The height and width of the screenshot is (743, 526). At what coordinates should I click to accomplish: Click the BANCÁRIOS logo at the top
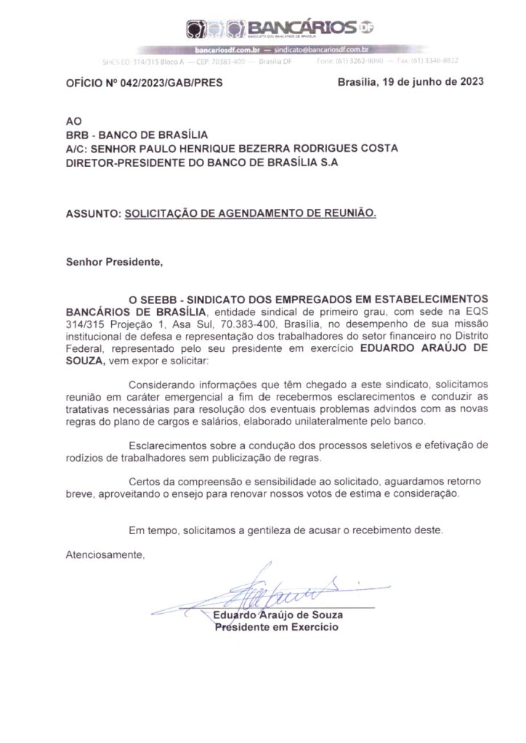point(283,29)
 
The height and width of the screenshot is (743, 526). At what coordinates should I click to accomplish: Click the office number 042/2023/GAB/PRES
point(166,83)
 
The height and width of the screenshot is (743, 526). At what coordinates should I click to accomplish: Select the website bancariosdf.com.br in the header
point(227,49)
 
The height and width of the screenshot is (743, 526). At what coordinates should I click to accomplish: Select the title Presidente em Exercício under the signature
point(277,627)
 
